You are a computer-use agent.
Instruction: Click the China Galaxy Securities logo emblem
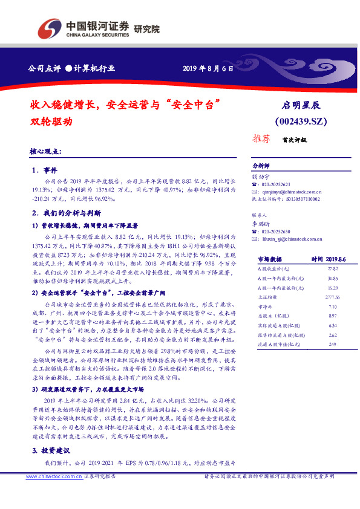[49, 28]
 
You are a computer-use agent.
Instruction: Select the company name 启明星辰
[304, 105]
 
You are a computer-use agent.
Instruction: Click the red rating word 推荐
[261, 139]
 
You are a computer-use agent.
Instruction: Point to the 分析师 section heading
[261, 165]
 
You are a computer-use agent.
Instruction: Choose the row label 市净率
[261, 307]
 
